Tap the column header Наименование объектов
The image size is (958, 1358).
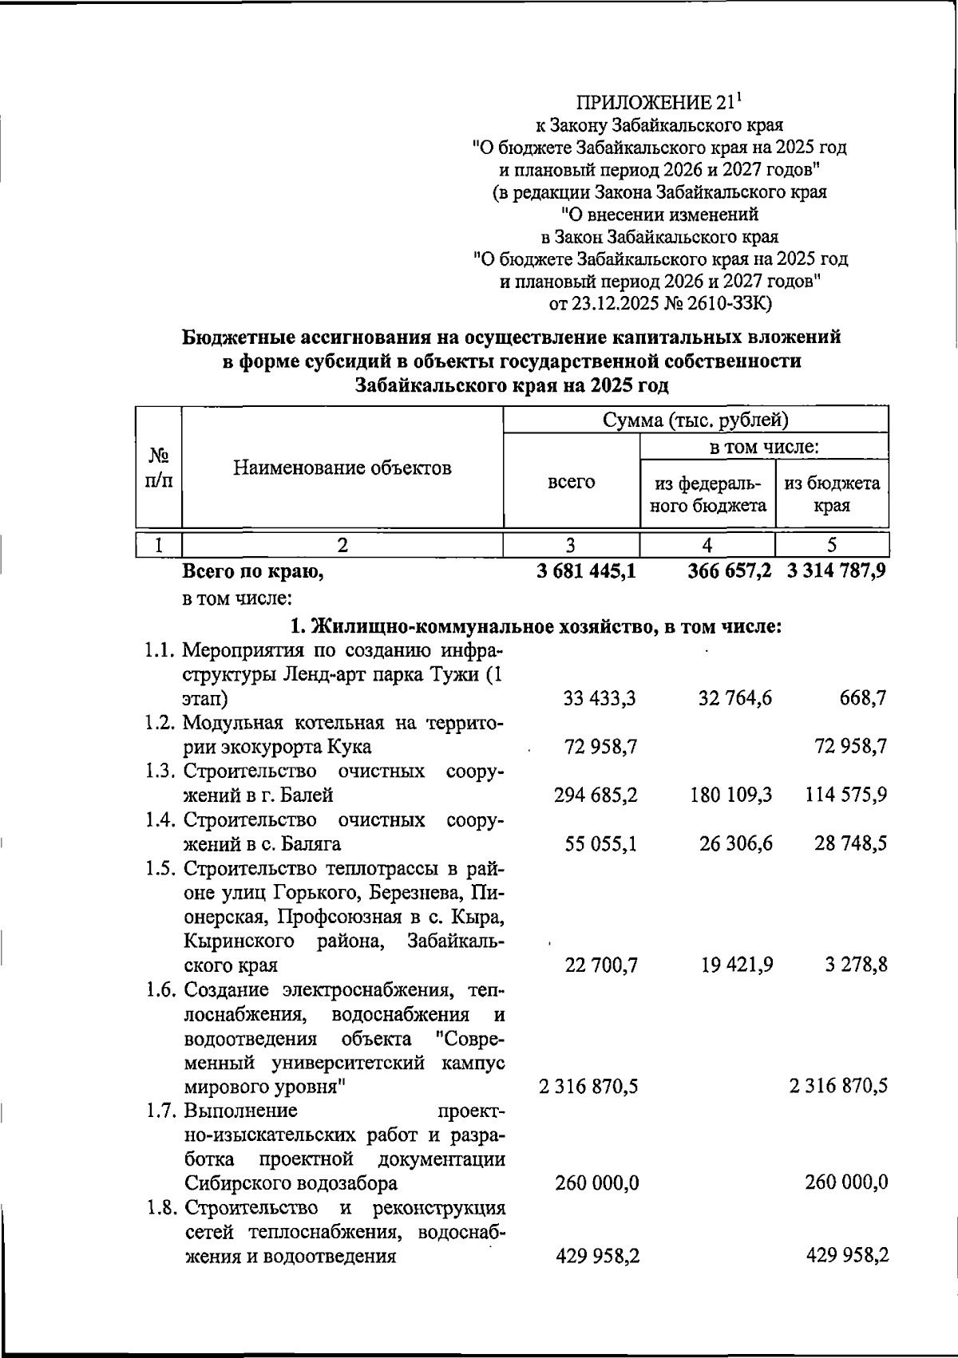(x=342, y=468)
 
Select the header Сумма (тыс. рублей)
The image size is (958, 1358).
(x=695, y=420)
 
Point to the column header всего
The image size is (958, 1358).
(x=571, y=482)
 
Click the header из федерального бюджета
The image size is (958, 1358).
(x=708, y=494)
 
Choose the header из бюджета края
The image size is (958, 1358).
(x=832, y=494)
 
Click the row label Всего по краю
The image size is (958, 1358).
(x=253, y=571)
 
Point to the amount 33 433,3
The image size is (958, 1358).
(x=600, y=699)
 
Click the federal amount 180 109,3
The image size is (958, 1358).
(x=735, y=795)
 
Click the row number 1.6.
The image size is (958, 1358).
(x=161, y=990)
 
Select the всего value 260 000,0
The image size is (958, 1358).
(x=596, y=1182)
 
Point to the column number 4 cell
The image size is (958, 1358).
(x=707, y=545)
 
